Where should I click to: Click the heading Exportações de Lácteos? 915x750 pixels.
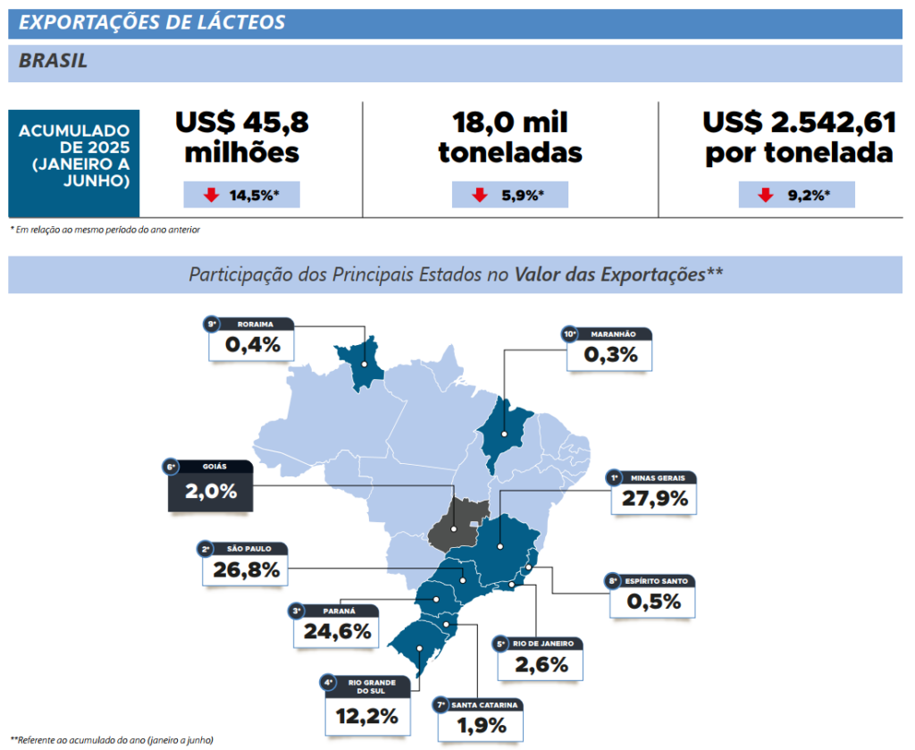click(x=152, y=22)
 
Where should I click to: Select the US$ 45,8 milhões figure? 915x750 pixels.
click(x=241, y=136)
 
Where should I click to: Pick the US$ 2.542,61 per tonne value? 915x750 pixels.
click(x=798, y=136)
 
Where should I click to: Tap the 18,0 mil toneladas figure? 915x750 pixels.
click(x=509, y=136)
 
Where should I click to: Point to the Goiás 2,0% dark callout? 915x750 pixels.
click(x=211, y=491)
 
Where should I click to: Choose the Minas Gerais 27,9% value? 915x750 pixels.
click(x=655, y=498)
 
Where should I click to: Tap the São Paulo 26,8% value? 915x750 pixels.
click(x=246, y=569)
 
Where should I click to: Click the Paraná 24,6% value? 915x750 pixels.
click(x=336, y=631)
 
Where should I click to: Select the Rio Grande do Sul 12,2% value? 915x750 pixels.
click(x=367, y=716)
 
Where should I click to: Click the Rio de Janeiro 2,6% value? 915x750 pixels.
click(x=541, y=664)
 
